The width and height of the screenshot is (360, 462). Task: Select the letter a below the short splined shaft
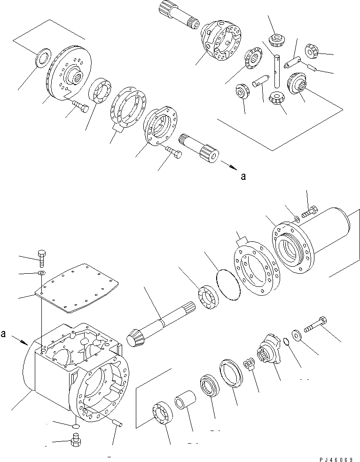[243, 177]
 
